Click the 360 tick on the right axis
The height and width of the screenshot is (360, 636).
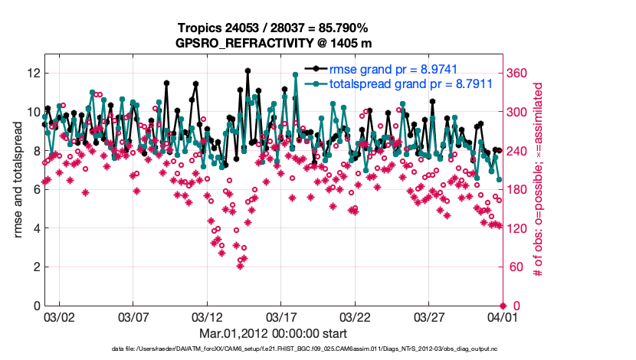click(517, 74)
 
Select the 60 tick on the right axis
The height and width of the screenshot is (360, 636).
click(514, 267)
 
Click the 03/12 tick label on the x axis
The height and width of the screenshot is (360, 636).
click(206, 316)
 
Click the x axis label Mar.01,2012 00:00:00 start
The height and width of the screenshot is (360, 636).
click(274, 333)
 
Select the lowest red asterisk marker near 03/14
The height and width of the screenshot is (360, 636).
click(240, 265)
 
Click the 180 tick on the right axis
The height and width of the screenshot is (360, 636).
click(517, 190)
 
